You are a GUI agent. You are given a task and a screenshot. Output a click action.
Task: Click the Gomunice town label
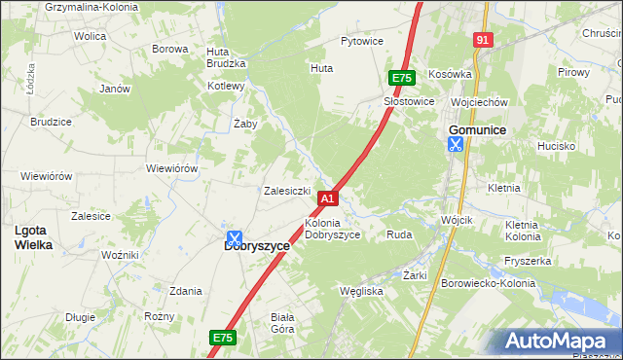pos(476,129)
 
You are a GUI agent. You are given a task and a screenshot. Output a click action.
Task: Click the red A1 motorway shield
pos(328,198)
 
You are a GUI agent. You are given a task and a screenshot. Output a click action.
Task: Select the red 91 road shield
pos(483,39)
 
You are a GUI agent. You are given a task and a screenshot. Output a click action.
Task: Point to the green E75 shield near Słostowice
pos(401,78)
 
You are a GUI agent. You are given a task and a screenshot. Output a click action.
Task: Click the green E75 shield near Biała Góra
pos(223,338)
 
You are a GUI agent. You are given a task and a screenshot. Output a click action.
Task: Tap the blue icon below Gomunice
pos(455,144)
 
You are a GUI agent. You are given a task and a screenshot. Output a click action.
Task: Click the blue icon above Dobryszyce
pos(234,236)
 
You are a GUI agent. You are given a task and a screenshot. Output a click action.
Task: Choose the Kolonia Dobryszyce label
pos(333,229)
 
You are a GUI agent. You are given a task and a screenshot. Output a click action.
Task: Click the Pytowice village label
pos(361,42)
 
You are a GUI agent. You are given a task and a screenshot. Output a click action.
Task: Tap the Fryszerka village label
pos(528,261)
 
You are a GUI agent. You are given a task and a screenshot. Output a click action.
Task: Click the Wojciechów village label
pos(479,102)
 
